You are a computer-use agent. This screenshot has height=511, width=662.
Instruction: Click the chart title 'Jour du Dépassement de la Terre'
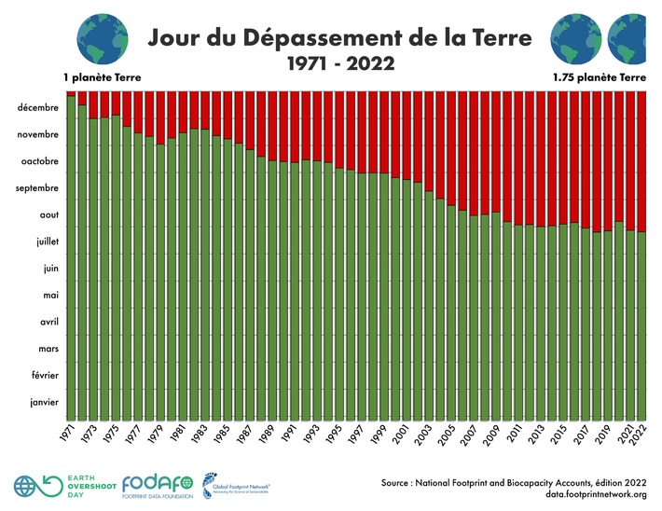(340, 38)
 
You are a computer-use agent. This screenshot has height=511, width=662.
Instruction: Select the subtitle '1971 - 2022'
(340, 64)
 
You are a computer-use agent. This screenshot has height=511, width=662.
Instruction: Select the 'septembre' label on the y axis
(37, 188)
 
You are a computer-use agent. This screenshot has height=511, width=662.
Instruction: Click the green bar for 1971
(71, 261)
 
